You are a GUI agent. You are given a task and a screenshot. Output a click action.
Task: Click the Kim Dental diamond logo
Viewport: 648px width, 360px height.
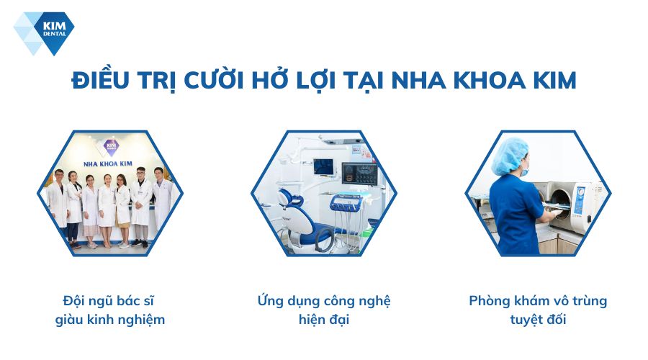[x=43, y=32]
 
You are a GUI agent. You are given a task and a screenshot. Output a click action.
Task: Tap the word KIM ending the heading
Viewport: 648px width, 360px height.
[x=552, y=80]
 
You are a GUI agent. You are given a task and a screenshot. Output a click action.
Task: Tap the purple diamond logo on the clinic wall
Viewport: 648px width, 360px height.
[x=110, y=148]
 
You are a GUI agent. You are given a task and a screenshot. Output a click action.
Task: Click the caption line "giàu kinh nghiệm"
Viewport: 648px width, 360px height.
[x=110, y=319]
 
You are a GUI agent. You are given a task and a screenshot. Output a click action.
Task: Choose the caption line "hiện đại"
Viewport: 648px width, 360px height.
[x=324, y=319]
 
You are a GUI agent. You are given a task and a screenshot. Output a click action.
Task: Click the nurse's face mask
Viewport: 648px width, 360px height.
[x=524, y=171]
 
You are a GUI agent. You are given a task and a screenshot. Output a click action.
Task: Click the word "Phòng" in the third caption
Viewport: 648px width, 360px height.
[x=490, y=300]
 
